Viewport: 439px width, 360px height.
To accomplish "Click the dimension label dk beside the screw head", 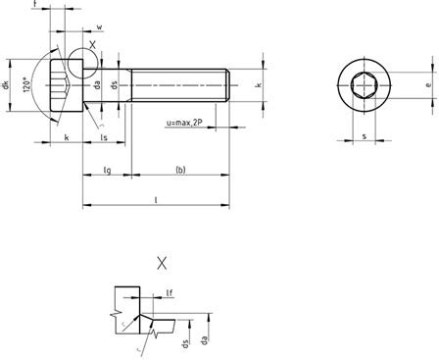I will tap(8, 85).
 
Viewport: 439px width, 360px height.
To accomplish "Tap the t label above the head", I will tap(35, 6).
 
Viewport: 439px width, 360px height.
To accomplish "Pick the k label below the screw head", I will tap(66, 139).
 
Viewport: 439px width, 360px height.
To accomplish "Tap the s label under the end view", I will tap(365, 136).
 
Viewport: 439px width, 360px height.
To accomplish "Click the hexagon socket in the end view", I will tap(365, 86).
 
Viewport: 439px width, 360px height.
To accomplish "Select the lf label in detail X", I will tap(170, 291).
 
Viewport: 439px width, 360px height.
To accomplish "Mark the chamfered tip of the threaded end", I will tap(226, 85).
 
